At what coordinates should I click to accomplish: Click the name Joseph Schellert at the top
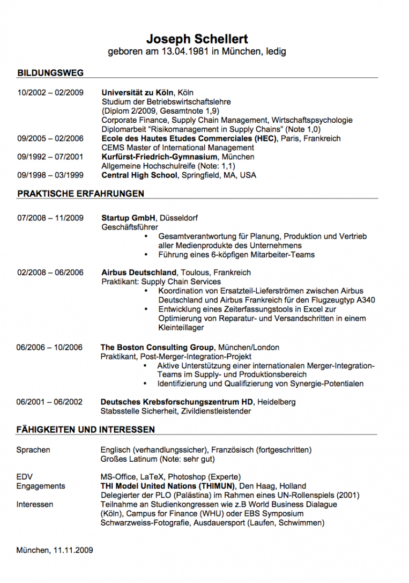tap(197, 39)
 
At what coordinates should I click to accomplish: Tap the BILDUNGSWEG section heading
tap(50, 73)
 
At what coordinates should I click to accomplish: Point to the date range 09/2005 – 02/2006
tap(50, 138)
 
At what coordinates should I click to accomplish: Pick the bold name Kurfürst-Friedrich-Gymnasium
tap(159, 157)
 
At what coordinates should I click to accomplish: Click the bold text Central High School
tap(139, 175)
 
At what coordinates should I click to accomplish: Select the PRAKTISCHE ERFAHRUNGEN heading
tap(80, 194)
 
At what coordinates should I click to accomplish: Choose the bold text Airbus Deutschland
tap(139, 272)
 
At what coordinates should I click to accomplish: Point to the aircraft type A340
tap(363, 300)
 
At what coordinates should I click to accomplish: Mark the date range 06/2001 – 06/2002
tap(49, 402)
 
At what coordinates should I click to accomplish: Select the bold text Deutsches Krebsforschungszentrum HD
tap(177, 402)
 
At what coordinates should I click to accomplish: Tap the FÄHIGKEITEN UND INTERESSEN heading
tap(86, 430)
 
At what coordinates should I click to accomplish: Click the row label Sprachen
tap(33, 450)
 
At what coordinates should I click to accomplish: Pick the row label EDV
tap(25, 477)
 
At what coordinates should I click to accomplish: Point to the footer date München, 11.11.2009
tap(55, 550)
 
